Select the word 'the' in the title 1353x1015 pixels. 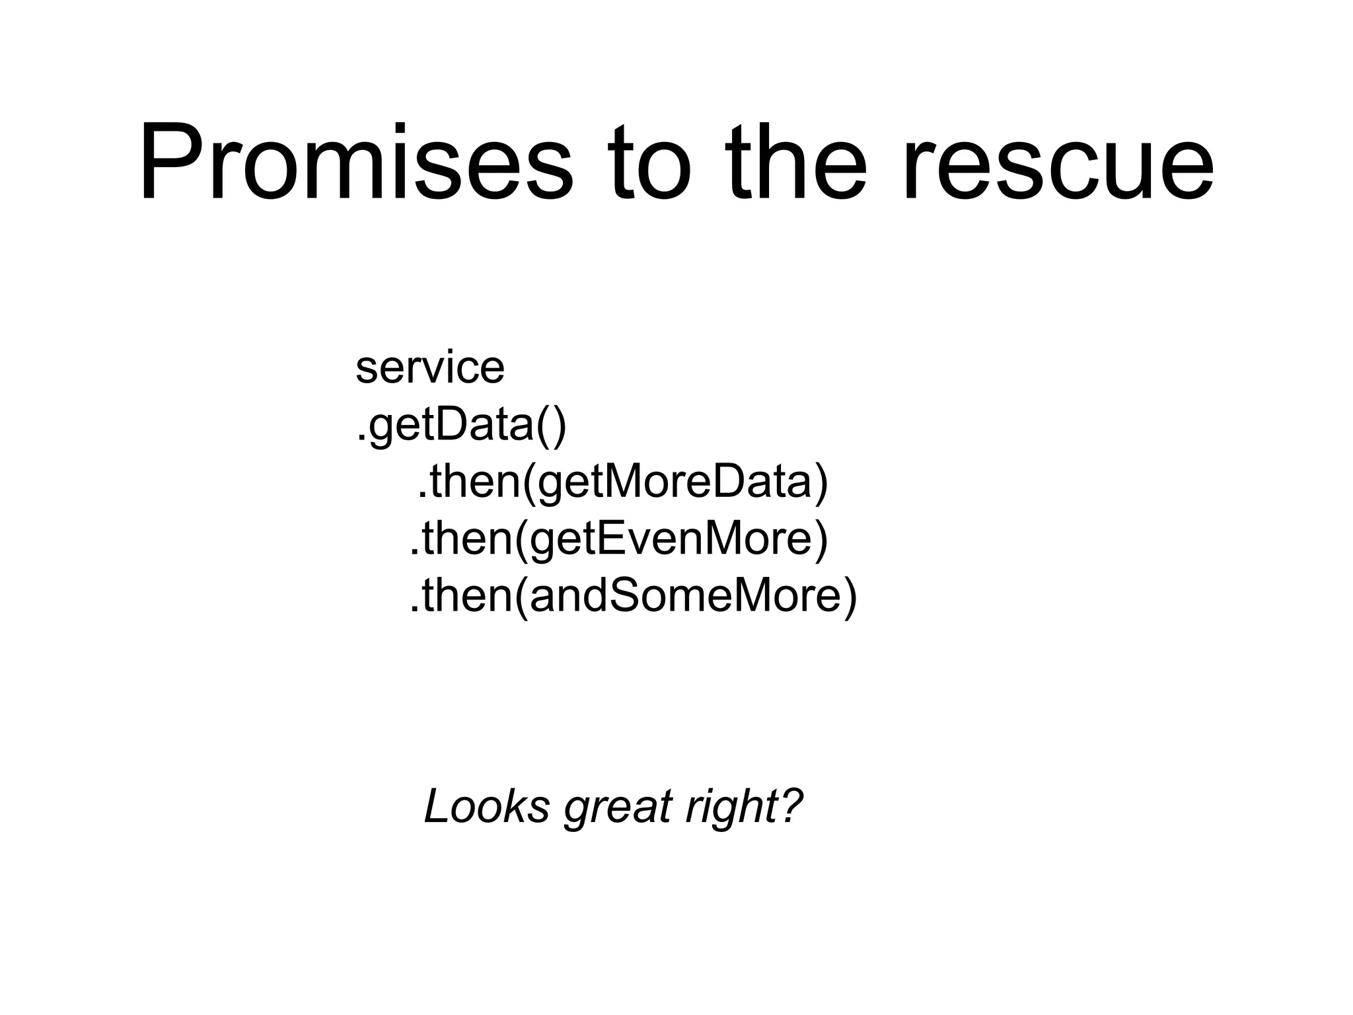coord(796,162)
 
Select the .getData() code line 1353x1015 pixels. coord(461,426)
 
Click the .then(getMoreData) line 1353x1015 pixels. coord(622,482)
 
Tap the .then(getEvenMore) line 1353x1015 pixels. coord(618,539)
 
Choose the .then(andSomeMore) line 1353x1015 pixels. coord(633,596)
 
